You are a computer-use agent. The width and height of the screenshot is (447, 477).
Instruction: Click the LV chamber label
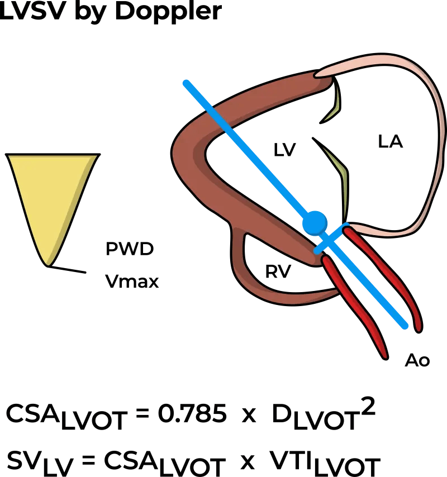pos(284,149)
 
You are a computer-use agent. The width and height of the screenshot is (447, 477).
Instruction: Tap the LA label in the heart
pos(391,142)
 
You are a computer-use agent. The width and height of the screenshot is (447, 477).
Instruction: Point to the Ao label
pos(417,361)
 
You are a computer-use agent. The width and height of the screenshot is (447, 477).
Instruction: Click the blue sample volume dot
pos(314,222)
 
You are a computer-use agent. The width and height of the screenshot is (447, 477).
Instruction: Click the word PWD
pos(129,249)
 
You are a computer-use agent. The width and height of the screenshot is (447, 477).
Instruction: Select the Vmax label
pos(132,282)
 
